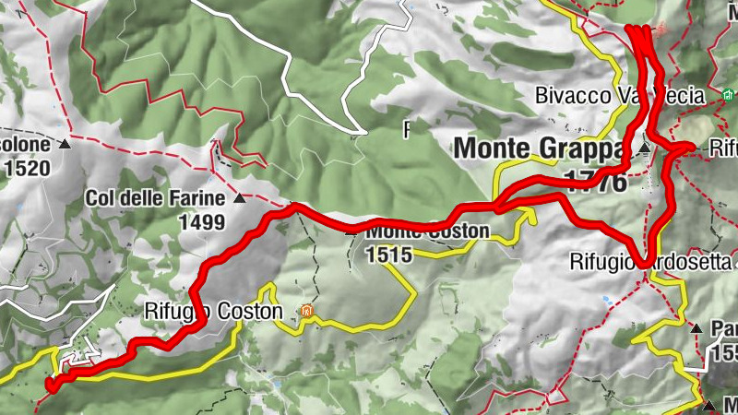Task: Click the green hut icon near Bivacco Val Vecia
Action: pos(728,95)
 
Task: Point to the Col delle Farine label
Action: pos(156,197)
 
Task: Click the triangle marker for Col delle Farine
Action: pos(240,198)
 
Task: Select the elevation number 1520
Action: pos(23,169)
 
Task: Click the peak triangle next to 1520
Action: pos(65,146)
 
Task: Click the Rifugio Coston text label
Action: pos(213,312)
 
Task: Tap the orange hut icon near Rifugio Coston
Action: pos(304,313)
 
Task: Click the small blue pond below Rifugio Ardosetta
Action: pos(605,300)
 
